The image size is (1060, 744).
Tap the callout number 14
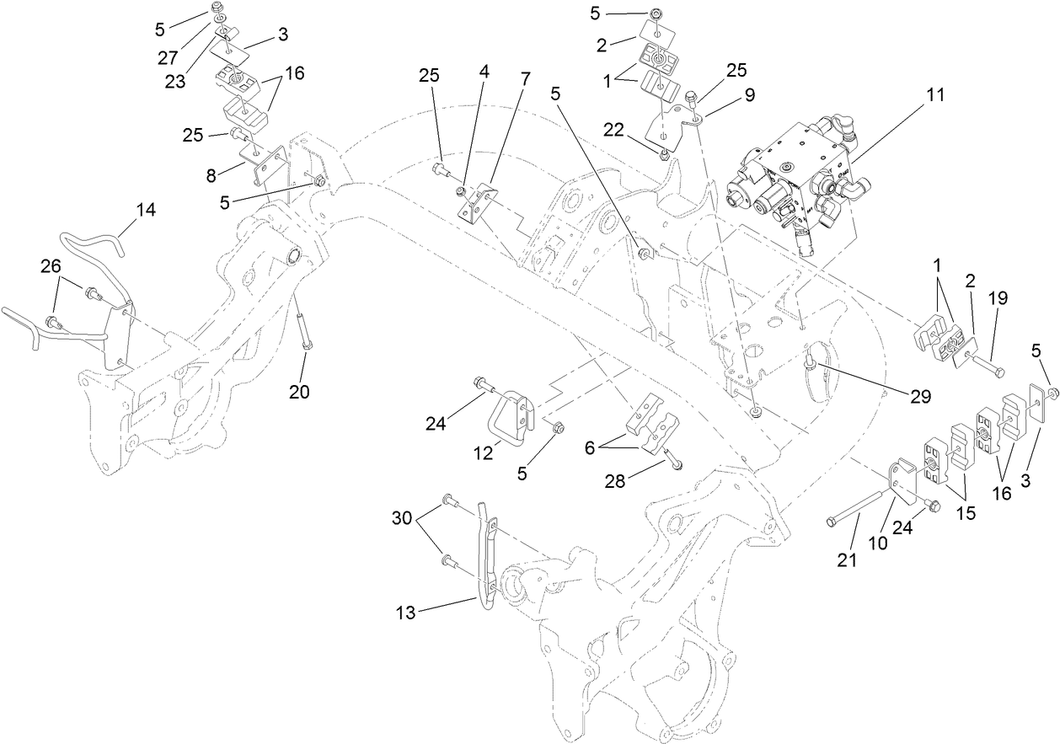[x=146, y=210]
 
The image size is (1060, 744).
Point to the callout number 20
[x=300, y=391]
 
